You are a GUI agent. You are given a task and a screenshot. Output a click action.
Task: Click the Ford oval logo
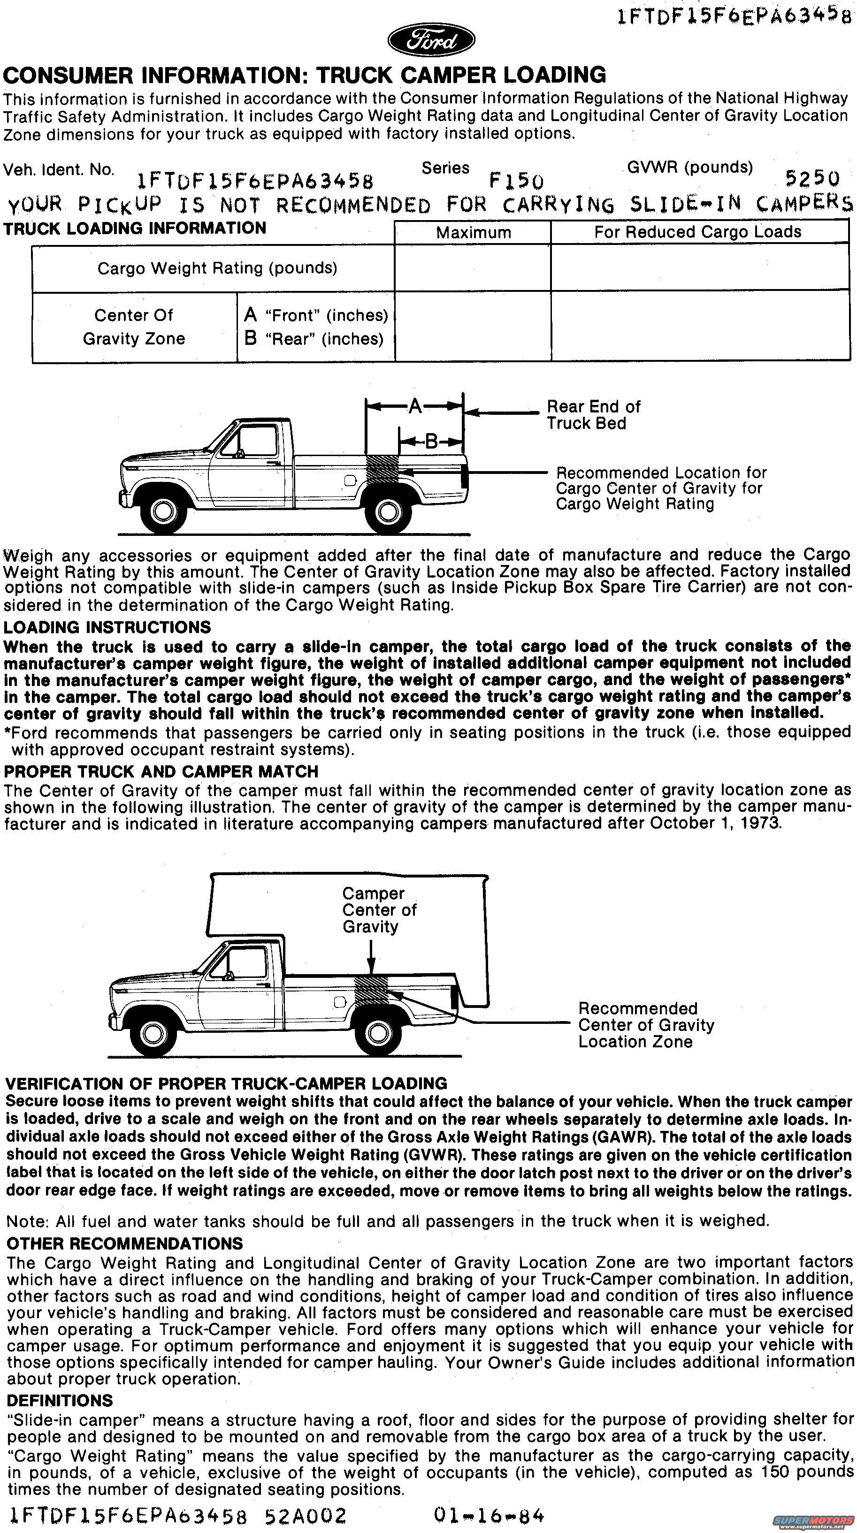pos(431,41)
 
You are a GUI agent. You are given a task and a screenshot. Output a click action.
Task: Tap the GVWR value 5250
pos(812,178)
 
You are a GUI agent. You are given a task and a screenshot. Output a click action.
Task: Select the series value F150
pos(516,179)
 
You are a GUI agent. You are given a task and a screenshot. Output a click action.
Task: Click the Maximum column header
pos(473,232)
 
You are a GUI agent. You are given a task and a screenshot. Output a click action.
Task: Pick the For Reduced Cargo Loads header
pos(697,231)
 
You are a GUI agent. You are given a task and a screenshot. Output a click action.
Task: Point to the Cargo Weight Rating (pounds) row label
pos(217,268)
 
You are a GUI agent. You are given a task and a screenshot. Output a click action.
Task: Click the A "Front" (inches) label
pos(316,315)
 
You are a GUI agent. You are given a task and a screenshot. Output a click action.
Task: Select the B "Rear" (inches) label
pos(314,339)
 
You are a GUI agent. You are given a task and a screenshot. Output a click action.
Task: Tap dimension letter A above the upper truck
pos(415,406)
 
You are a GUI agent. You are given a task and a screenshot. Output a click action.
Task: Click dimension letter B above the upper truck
pos(431,442)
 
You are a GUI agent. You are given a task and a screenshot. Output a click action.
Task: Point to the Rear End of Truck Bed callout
pos(593,415)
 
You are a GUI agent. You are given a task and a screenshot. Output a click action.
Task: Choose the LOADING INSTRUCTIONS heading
pos(107,627)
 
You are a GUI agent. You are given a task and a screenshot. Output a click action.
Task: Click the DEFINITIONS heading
pos(60,1400)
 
